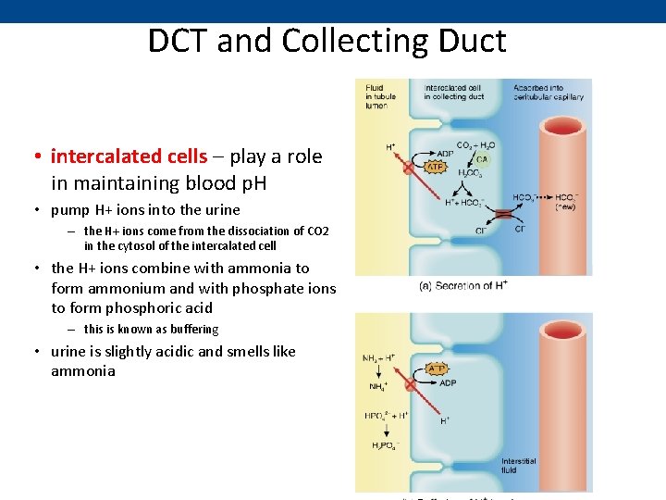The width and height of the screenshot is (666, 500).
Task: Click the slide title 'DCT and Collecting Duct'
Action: click(x=327, y=42)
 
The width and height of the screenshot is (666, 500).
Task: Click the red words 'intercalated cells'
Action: click(x=129, y=156)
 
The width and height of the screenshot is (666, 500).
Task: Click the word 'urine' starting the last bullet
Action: click(x=68, y=352)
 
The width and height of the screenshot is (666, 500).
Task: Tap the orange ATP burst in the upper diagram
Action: click(x=434, y=168)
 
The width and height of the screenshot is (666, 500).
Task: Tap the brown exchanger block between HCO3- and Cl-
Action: click(x=502, y=214)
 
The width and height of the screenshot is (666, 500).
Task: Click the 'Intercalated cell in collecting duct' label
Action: click(x=453, y=93)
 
